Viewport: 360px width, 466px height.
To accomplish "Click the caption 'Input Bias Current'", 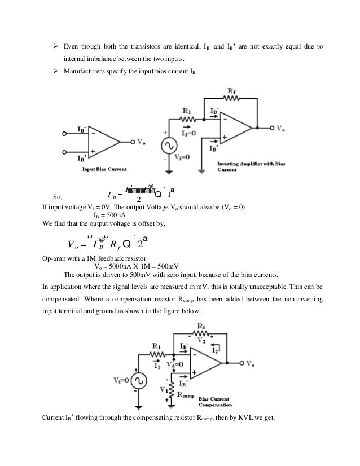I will (104, 169).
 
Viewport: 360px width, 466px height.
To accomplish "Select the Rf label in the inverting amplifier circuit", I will (231, 92).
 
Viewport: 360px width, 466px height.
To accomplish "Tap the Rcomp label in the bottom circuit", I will (187, 394).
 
